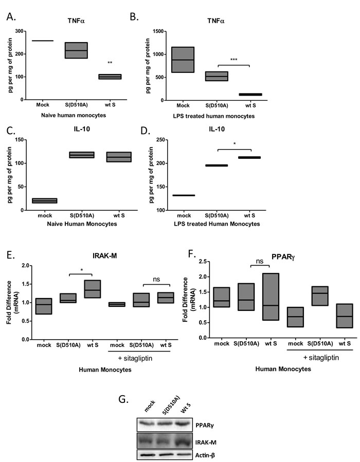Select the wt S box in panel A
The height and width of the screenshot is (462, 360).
110,77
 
